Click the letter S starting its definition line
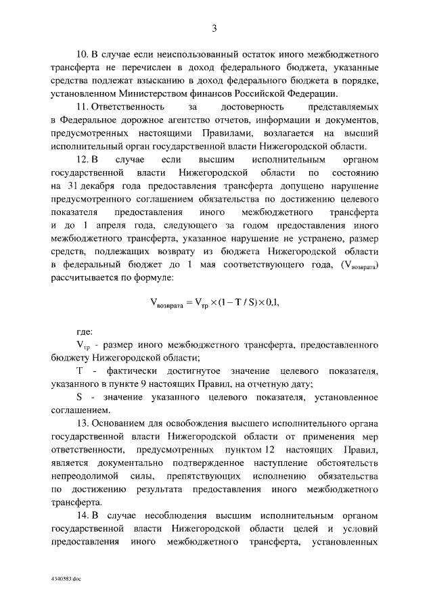(79, 397)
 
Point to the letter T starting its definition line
(79, 371)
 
